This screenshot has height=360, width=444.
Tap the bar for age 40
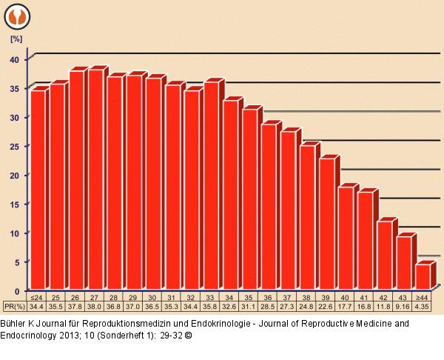click(x=346, y=238)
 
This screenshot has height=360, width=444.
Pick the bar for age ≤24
click(x=38, y=190)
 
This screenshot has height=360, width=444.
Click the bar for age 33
click(x=211, y=185)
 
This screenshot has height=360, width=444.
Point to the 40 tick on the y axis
click(x=21, y=59)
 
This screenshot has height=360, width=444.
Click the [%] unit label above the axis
click(x=16, y=36)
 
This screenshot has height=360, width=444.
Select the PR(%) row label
click(x=15, y=306)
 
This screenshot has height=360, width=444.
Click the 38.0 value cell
click(x=95, y=306)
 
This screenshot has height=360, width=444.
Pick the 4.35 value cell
click(x=423, y=306)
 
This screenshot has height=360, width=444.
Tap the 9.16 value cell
click(x=403, y=306)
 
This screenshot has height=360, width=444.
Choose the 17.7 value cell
click(x=346, y=306)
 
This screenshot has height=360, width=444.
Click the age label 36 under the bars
click(x=269, y=297)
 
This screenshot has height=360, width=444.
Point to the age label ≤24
click(x=38, y=297)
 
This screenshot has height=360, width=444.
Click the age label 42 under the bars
click(x=384, y=297)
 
